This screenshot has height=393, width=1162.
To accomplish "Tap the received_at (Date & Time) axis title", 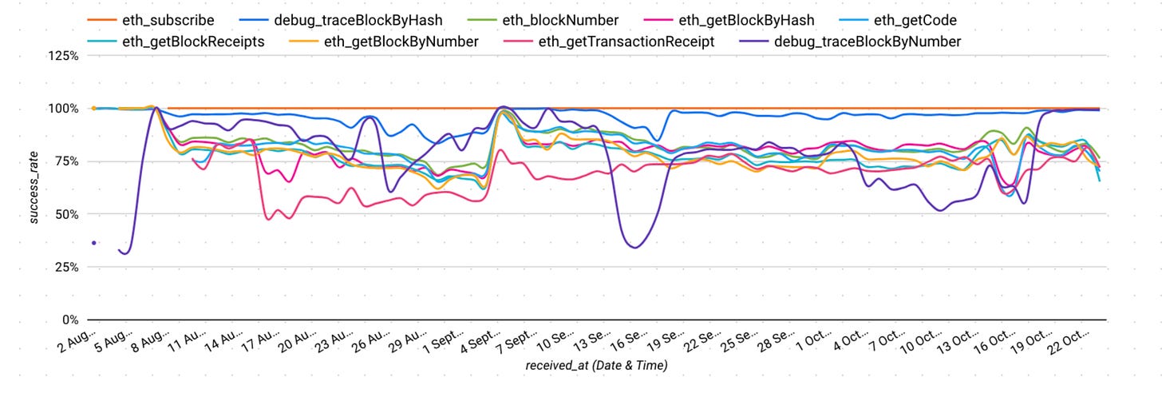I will click(x=596, y=366).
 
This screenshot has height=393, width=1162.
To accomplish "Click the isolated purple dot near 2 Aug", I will click(x=94, y=242).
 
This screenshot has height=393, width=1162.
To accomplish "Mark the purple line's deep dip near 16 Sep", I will click(x=634, y=248).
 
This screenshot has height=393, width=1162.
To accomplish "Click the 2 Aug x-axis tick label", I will click(x=77, y=341).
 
